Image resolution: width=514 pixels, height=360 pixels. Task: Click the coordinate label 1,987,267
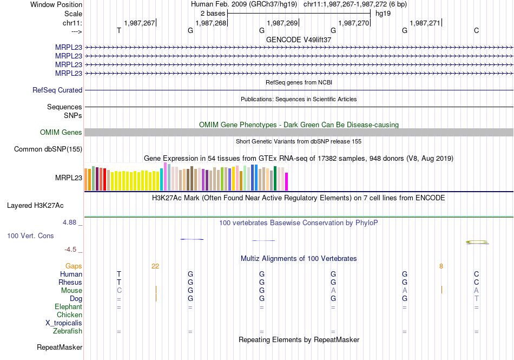(139, 23)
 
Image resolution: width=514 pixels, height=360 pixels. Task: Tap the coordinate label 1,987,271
(425, 23)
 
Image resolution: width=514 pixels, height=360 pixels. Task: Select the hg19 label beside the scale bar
(383, 13)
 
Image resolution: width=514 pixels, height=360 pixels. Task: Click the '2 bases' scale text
(213, 13)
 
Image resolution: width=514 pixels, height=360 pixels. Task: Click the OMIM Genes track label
(61, 133)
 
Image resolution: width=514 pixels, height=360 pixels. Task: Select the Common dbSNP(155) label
(48, 149)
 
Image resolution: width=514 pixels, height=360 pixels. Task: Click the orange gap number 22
(155, 266)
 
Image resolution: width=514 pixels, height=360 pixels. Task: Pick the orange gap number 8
(441, 266)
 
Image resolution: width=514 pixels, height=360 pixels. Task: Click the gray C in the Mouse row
(119, 291)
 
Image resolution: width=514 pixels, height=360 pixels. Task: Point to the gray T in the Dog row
(476, 299)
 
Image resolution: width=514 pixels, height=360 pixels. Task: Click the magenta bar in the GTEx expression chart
(287, 181)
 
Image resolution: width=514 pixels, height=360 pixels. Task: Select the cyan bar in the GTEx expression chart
(161, 180)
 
